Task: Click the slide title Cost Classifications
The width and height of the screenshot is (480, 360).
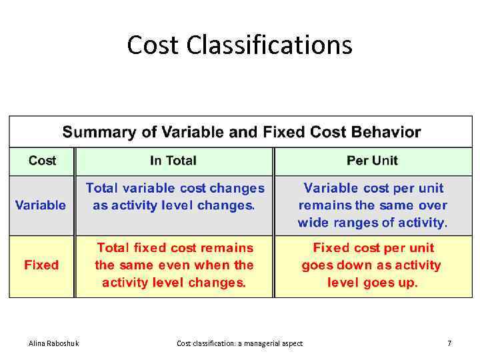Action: pos(239,45)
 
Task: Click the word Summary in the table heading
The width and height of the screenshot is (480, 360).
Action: pos(94,132)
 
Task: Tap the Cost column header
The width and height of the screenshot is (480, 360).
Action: pos(42,161)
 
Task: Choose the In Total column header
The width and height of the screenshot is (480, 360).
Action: pos(173,161)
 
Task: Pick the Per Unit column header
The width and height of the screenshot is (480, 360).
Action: pos(372,161)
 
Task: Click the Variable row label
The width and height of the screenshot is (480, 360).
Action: pos(41,205)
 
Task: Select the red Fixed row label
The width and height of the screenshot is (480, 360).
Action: pos(41,265)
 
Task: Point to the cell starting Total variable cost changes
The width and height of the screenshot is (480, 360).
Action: pos(174,197)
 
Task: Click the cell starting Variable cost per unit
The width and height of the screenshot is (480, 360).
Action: pos(373,205)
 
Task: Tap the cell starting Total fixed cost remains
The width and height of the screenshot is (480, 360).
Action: pos(174,265)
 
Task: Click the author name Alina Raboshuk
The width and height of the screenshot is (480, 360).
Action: pos(53,343)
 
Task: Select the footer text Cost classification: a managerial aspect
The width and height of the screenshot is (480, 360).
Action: pos(239,343)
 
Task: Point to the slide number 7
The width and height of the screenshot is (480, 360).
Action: pos(449,343)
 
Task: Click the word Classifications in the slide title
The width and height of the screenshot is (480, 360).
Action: pos(269,45)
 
